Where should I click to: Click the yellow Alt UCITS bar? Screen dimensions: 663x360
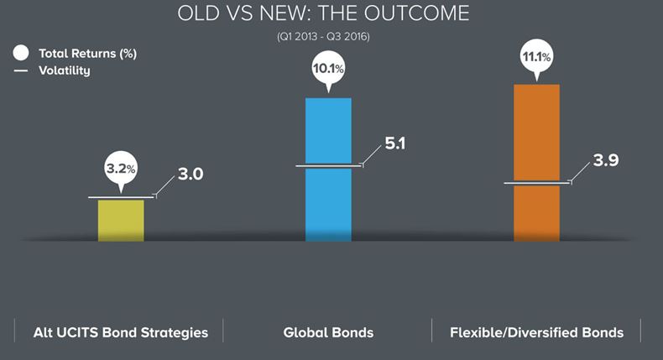pos(121,221)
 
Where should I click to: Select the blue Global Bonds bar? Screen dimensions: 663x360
pos(328,170)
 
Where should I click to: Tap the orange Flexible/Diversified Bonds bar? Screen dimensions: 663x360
pos(536,163)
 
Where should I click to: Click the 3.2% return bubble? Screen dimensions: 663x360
pos(121,170)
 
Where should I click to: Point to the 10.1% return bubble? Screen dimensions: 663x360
pos(328,69)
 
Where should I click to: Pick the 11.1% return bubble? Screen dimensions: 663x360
pos(536,57)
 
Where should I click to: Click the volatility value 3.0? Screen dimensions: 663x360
pos(191,174)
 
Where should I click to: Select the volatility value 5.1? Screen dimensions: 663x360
pos(395,143)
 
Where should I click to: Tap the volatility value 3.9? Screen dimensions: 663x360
pos(605,160)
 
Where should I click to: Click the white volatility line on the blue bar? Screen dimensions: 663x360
pos(329,165)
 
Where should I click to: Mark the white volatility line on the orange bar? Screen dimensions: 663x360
pos(537,183)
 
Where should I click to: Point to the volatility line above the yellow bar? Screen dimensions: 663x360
pos(122,196)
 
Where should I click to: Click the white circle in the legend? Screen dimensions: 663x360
pos(21,53)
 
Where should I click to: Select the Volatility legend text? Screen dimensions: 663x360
pos(65,70)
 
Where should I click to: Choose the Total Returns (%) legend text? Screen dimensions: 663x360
pos(87,54)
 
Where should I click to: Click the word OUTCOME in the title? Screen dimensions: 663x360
pos(416,13)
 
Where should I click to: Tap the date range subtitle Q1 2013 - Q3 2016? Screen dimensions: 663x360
pos(323,36)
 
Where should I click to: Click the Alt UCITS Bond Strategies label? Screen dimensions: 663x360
pos(121,332)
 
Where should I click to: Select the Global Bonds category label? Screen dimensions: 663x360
pos(328,332)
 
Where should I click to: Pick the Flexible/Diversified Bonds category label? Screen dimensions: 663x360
pos(536,332)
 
